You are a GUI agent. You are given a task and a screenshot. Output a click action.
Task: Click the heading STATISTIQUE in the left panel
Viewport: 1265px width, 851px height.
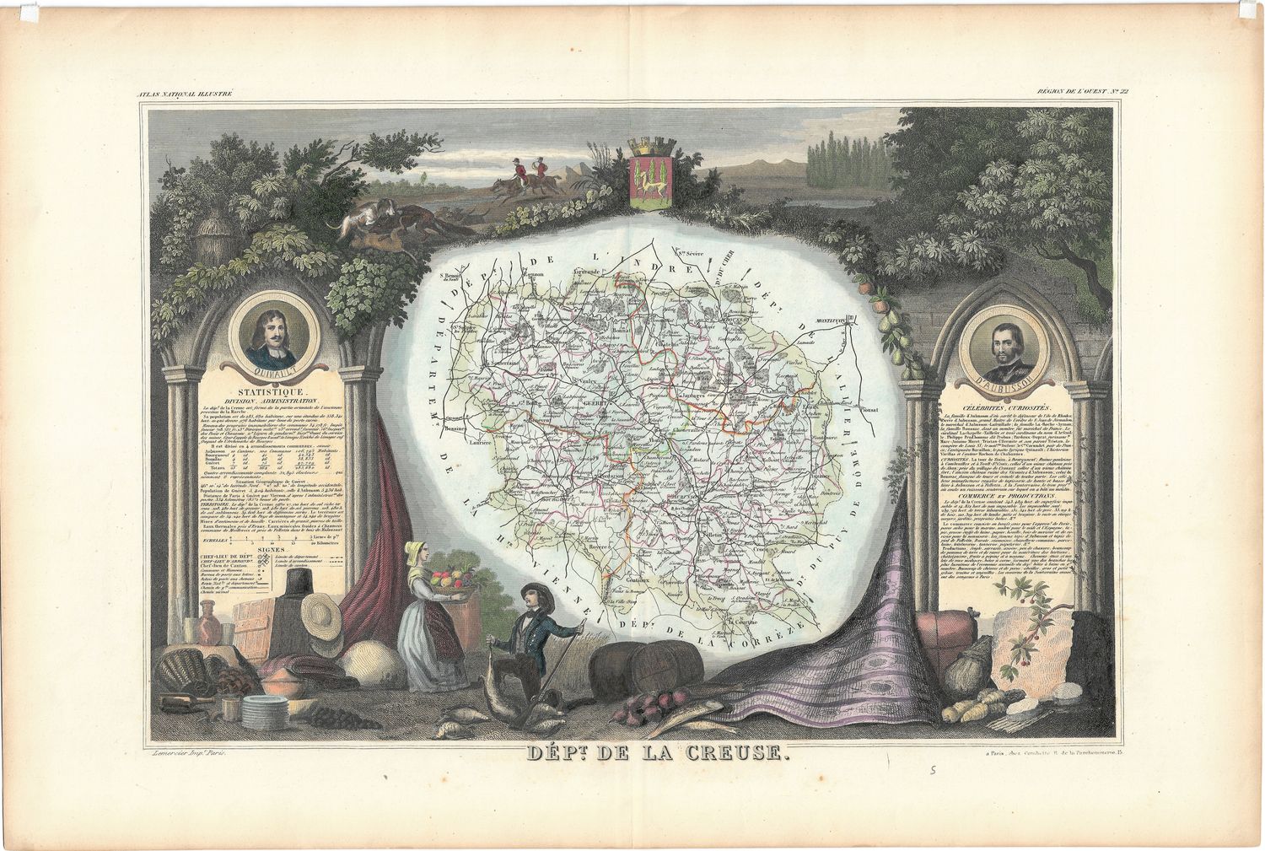tap(269, 390)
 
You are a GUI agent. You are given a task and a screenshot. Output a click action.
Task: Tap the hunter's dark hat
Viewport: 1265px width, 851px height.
tap(533, 591)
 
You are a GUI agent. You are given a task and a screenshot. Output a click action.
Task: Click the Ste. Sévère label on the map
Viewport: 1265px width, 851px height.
tap(687, 251)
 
